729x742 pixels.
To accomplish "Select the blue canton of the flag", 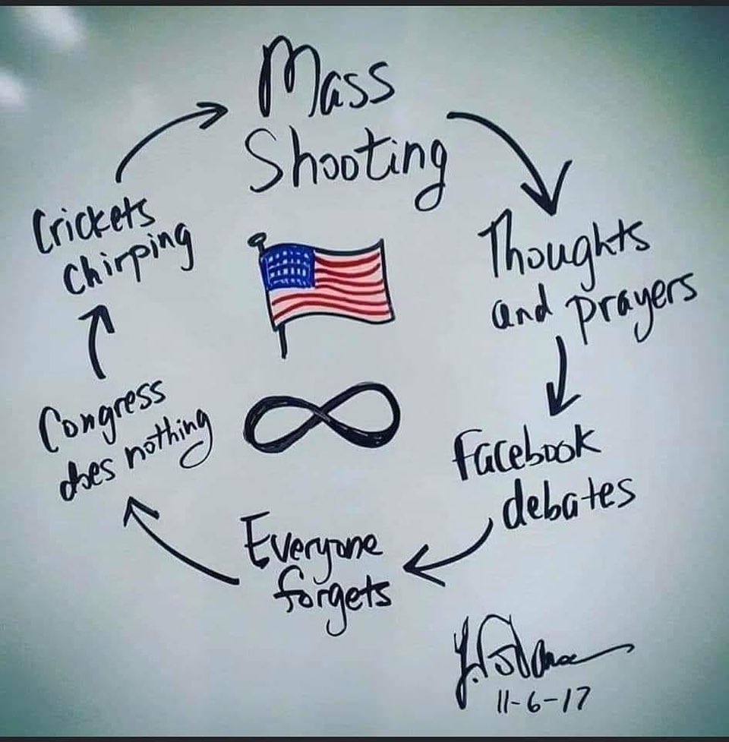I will pos(288,267).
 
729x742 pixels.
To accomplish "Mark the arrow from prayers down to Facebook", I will pos(562,376).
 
